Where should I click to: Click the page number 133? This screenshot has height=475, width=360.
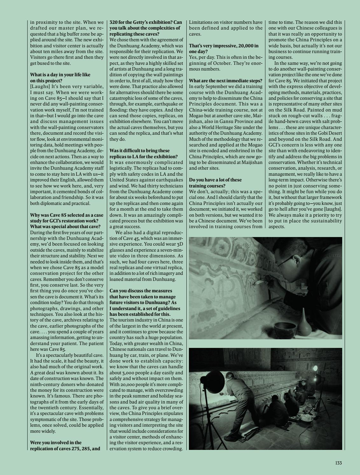point(338,463)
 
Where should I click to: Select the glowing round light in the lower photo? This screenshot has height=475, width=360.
point(317,378)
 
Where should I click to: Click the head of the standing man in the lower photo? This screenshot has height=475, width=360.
point(229,376)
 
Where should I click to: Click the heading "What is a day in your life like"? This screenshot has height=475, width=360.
point(60,75)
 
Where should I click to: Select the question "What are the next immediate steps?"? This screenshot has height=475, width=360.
point(225,80)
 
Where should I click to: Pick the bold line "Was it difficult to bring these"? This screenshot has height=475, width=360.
point(140,151)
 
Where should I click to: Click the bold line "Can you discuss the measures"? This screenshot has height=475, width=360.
point(141,291)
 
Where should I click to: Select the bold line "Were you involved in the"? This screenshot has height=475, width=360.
point(56,443)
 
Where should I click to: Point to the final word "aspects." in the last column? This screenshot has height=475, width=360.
point(277,227)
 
